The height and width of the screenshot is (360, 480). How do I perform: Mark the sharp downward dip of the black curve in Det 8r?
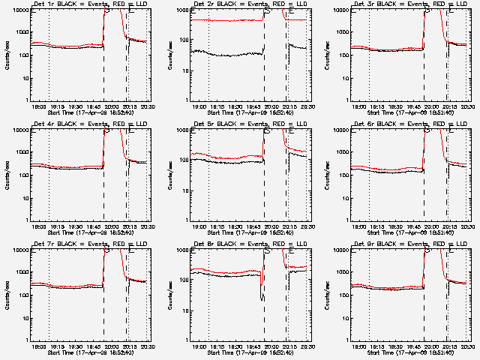pos(262,298)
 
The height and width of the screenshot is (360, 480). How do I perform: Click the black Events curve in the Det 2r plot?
pos(225,54)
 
